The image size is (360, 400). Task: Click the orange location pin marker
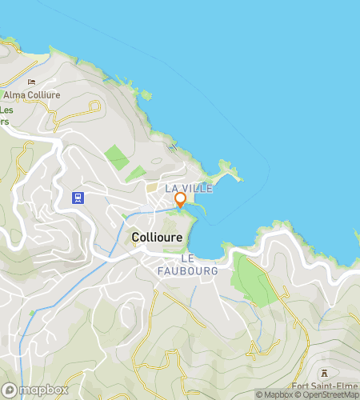180,199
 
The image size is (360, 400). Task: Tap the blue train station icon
78,197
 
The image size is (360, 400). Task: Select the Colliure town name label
158,238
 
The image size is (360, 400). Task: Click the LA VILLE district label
189,187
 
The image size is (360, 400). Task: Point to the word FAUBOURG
200,270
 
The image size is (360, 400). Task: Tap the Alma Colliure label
31,94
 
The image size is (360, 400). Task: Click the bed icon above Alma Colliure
31,82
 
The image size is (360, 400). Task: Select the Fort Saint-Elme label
325,386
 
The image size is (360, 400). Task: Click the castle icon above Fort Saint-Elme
324,373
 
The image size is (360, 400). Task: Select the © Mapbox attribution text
274,394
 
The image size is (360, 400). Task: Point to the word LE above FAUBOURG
189,258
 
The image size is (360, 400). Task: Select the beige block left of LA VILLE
152,187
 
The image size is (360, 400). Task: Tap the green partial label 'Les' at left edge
6,110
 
